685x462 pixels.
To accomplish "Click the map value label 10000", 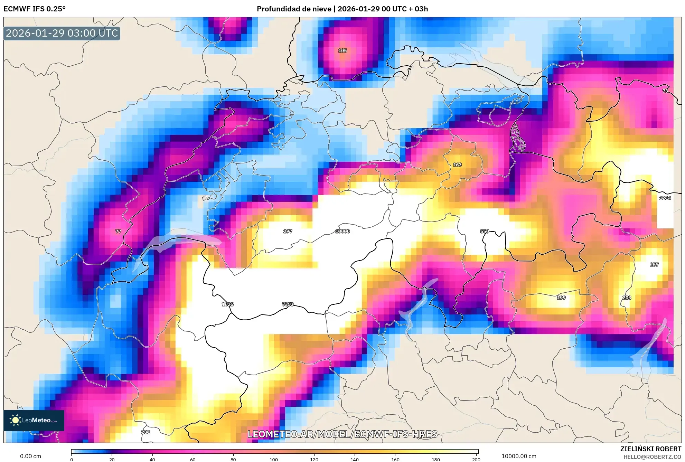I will click(x=342, y=231).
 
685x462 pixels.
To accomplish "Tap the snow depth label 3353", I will click(x=288, y=304).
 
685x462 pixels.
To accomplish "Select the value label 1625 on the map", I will click(x=227, y=304).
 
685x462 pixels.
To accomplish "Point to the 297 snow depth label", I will click(x=288, y=231).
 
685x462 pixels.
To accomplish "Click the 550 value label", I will click(x=485, y=231).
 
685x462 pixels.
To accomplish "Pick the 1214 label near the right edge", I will click(x=665, y=198).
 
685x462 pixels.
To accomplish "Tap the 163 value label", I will click(x=457, y=164).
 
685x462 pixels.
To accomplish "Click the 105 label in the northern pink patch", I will click(x=342, y=50).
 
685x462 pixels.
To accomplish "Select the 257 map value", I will click(x=654, y=264).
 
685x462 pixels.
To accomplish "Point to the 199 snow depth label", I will click(x=561, y=298).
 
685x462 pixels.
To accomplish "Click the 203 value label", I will click(x=627, y=298).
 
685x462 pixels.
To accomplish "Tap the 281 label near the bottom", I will click(x=146, y=432).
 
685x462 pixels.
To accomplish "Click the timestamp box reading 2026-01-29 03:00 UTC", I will click(x=62, y=33).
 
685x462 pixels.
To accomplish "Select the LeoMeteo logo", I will click(x=34, y=420).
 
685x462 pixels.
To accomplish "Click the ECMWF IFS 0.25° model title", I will click(x=35, y=9).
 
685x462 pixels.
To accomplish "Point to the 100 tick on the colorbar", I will click(x=273, y=459).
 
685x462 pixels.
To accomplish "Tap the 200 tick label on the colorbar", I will click(x=476, y=459).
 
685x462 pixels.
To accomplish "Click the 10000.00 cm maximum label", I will click(x=519, y=456).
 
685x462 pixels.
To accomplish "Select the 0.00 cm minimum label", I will click(x=30, y=456).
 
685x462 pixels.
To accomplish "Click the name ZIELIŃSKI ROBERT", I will click(x=650, y=449).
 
